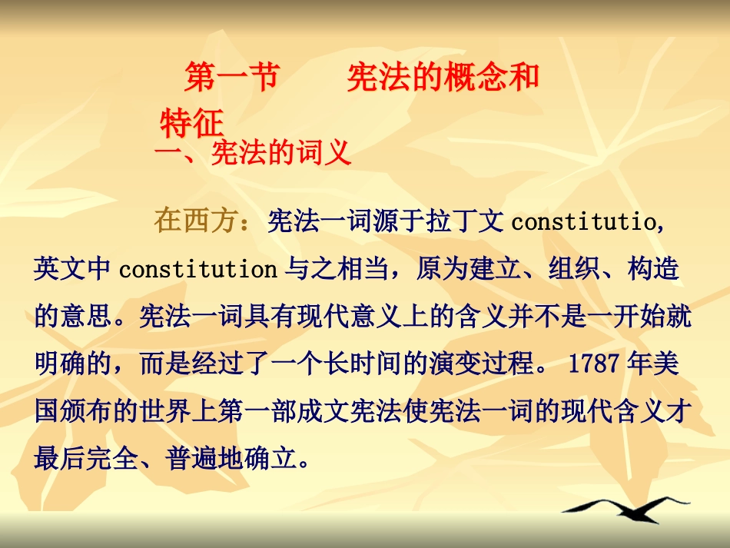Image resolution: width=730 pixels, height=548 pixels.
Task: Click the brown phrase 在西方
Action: point(194,221)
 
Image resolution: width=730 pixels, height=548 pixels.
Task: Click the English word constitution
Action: point(197,270)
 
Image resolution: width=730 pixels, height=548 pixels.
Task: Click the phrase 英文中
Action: point(73,270)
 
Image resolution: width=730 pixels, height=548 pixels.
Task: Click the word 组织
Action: point(573,270)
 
